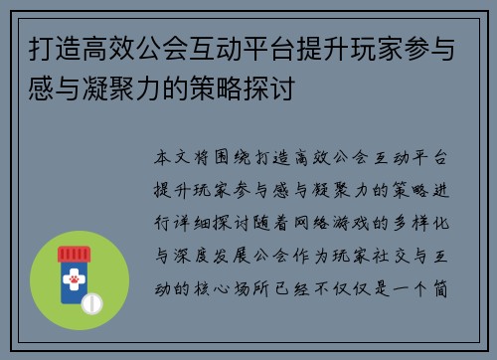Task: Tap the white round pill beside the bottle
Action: tap(91, 301)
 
